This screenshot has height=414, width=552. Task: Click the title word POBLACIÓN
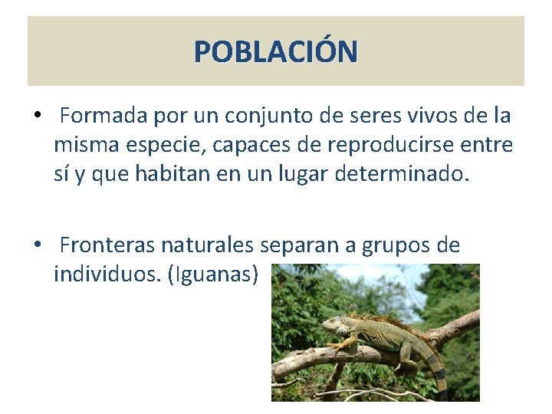[x=275, y=52]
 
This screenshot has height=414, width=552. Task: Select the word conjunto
[x=278, y=116]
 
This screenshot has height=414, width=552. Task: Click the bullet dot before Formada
[x=37, y=117]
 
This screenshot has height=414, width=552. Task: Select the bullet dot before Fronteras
[x=37, y=245]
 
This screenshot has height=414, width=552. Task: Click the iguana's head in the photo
[x=336, y=327]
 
